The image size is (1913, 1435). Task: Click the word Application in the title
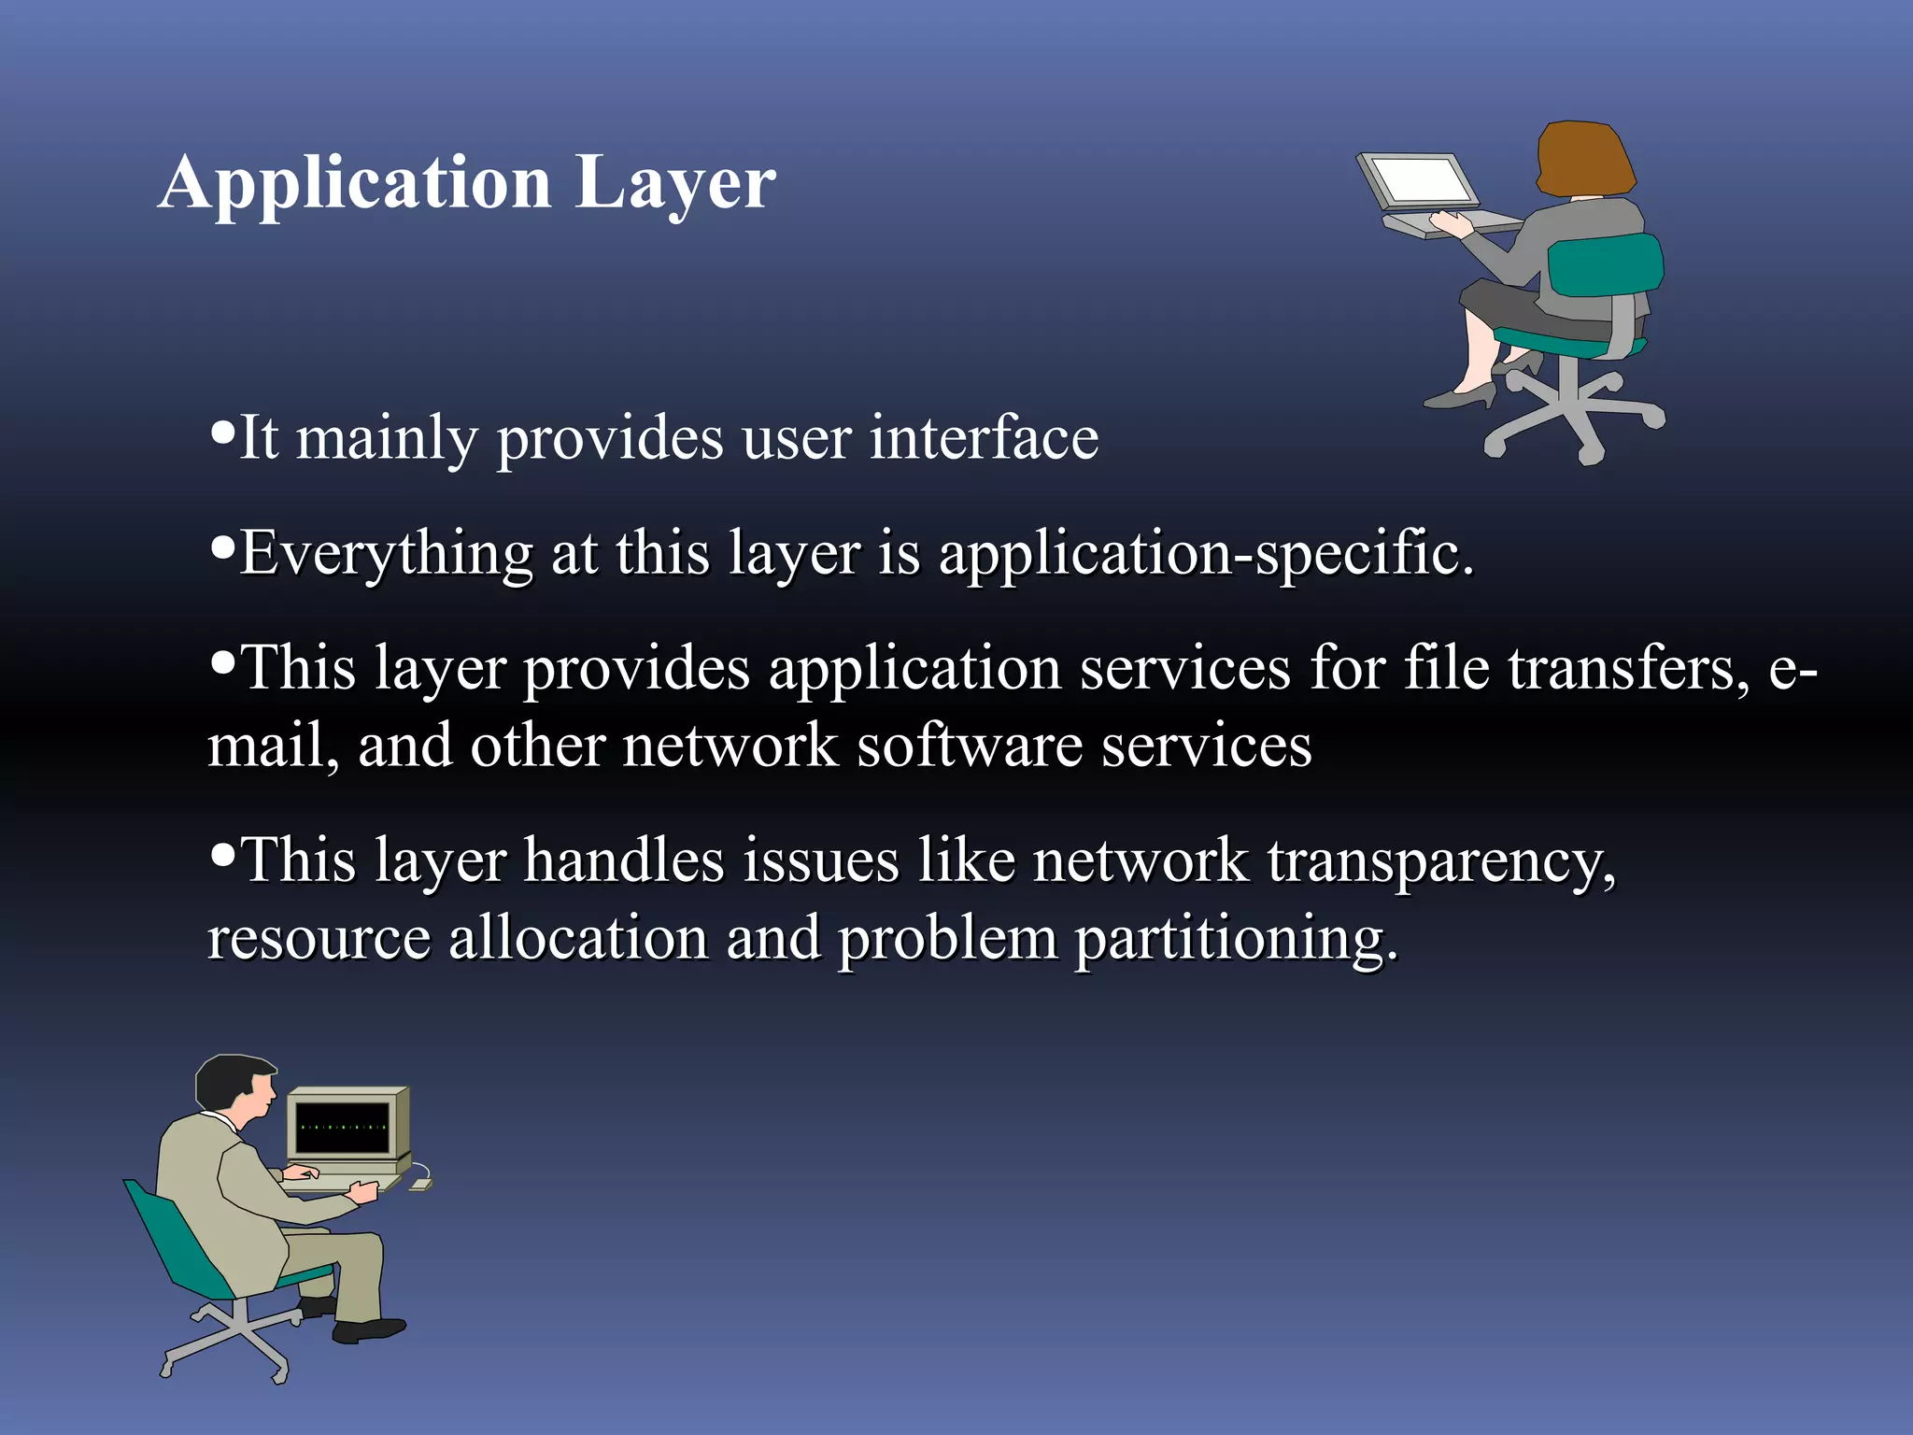click(355, 182)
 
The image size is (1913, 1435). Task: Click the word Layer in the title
click(674, 182)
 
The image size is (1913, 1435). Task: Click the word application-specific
click(1206, 553)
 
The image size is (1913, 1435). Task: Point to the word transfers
click(1629, 669)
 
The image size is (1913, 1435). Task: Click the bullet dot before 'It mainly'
click(222, 432)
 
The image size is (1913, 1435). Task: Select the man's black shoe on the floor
click(369, 1329)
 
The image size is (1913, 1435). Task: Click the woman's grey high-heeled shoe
click(1460, 396)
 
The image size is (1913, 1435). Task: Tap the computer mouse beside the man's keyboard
click(421, 1184)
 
